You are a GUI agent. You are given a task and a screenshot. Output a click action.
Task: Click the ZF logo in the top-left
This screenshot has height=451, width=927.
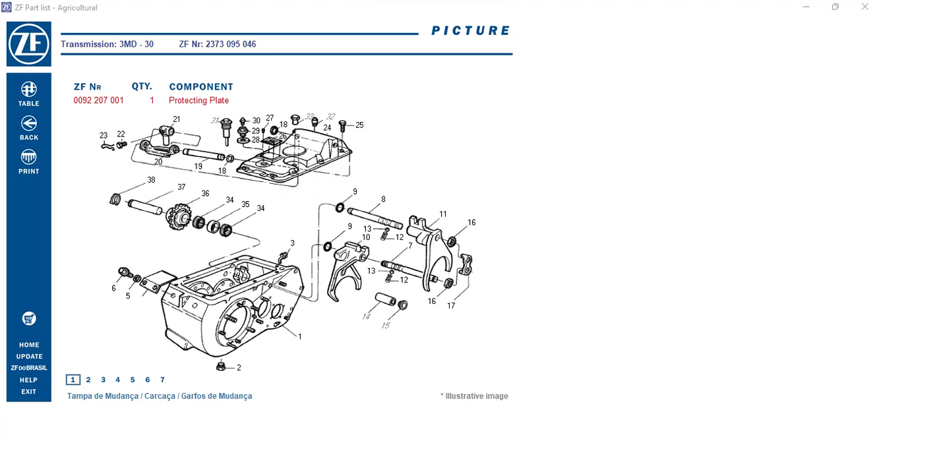tap(28, 44)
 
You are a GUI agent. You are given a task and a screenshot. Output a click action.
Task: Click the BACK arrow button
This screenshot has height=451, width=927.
tap(28, 127)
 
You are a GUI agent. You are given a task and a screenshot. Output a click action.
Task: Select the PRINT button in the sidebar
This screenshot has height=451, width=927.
tap(28, 162)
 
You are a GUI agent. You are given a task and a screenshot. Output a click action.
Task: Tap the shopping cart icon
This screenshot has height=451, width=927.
tap(28, 318)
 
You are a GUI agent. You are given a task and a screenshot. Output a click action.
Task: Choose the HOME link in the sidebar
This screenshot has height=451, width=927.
tap(29, 345)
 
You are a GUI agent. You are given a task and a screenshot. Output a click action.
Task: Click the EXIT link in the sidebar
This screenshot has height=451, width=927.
tap(28, 392)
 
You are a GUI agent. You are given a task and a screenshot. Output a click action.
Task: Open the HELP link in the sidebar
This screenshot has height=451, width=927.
tap(28, 380)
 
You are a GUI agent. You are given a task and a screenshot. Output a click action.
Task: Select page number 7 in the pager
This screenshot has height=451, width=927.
tap(162, 380)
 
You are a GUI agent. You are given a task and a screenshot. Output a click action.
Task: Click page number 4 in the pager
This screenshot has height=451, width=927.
tap(117, 380)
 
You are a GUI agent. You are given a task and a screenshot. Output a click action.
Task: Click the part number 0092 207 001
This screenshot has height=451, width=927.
tap(98, 100)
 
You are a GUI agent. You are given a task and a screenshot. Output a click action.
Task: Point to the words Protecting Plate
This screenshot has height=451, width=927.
tap(198, 100)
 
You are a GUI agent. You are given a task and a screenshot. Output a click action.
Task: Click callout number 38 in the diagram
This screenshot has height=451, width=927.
tap(151, 180)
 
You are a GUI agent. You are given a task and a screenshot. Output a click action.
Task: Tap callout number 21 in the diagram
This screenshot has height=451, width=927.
tap(176, 119)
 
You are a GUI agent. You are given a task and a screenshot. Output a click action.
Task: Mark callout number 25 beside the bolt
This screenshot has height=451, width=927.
tap(359, 125)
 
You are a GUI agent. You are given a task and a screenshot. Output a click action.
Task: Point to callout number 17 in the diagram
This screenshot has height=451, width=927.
tap(451, 306)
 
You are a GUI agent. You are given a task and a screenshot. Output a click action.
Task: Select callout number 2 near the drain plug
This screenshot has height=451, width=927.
tap(239, 368)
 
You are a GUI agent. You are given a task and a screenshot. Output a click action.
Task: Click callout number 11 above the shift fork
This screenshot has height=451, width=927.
tap(442, 214)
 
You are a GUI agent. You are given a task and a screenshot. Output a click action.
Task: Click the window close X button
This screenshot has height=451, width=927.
tap(865, 7)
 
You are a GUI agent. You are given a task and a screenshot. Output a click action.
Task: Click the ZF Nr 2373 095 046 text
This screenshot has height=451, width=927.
tap(218, 44)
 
